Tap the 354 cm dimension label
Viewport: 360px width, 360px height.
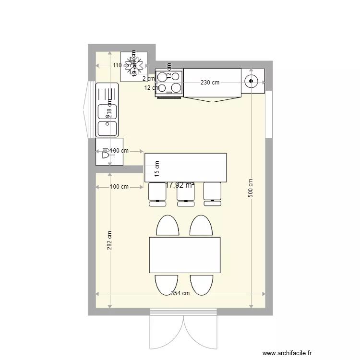(x=180, y=293)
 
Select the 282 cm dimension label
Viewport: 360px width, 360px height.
(x=109, y=240)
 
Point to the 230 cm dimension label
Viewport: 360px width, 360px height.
(x=210, y=83)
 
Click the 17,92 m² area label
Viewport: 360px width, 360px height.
(x=180, y=185)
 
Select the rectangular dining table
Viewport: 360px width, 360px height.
(x=185, y=255)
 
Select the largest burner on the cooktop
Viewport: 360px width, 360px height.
(x=176, y=87)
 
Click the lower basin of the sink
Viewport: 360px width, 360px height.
(x=107, y=128)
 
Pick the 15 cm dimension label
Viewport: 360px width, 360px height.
(x=156, y=168)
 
